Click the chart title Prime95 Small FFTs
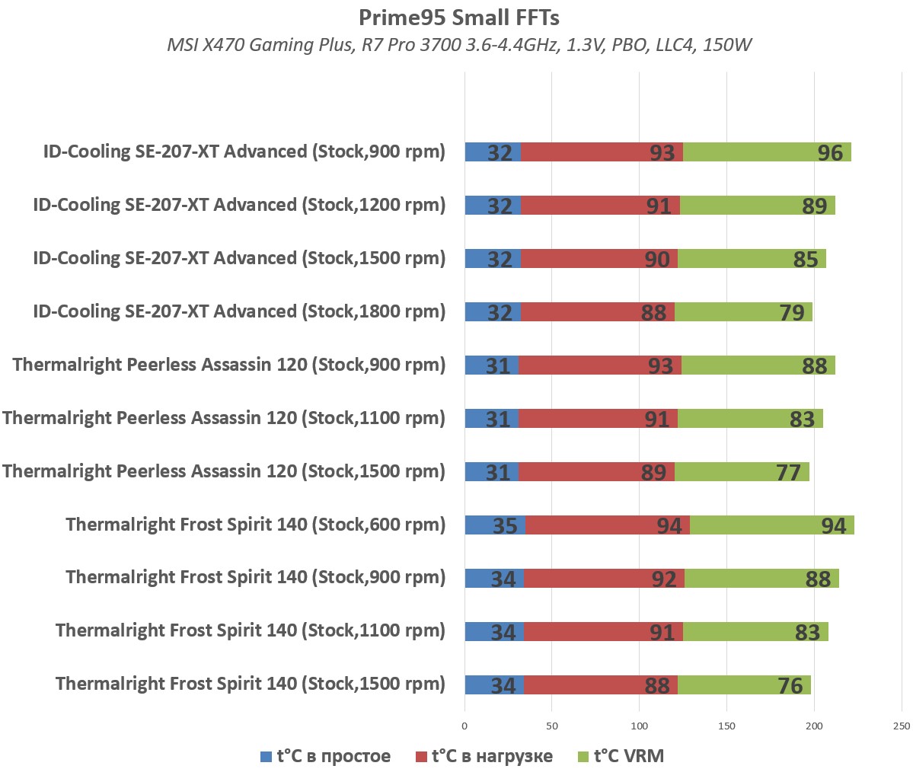tap(459, 18)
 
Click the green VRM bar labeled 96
tap(767, 152)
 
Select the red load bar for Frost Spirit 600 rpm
tap(607, 525)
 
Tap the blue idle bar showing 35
tap(495, 525)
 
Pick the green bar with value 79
tap(743, 312)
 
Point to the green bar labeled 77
tap(742, 472)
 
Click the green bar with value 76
tap(744, 685)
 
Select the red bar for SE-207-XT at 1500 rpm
tap(599, 259)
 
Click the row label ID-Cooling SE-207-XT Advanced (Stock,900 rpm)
tap(244, 152)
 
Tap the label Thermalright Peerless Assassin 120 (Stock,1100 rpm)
tap(224, 418)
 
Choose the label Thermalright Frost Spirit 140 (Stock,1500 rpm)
tap(251, 684)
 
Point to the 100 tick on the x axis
tap(640, 726)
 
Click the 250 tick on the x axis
tap(902, 726)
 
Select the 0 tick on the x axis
tap(464, 726)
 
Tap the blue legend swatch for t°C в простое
tap(266, 757)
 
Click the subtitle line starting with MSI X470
tap(459, 45)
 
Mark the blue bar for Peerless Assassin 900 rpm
tap(491, 365)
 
